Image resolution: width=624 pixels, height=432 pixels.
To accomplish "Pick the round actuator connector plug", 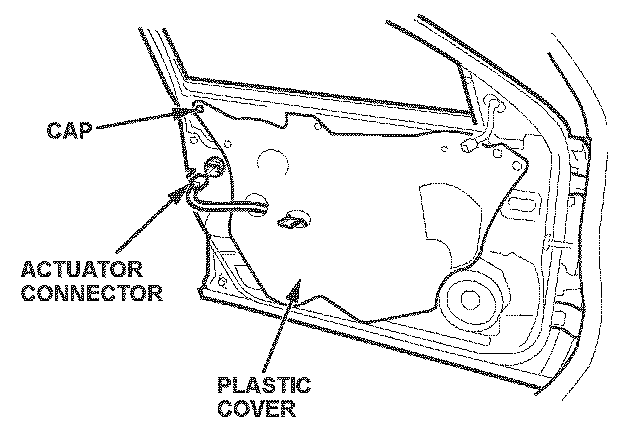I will tap(214, 168).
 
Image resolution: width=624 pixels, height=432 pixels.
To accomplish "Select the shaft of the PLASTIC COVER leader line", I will tap(276, 335).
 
